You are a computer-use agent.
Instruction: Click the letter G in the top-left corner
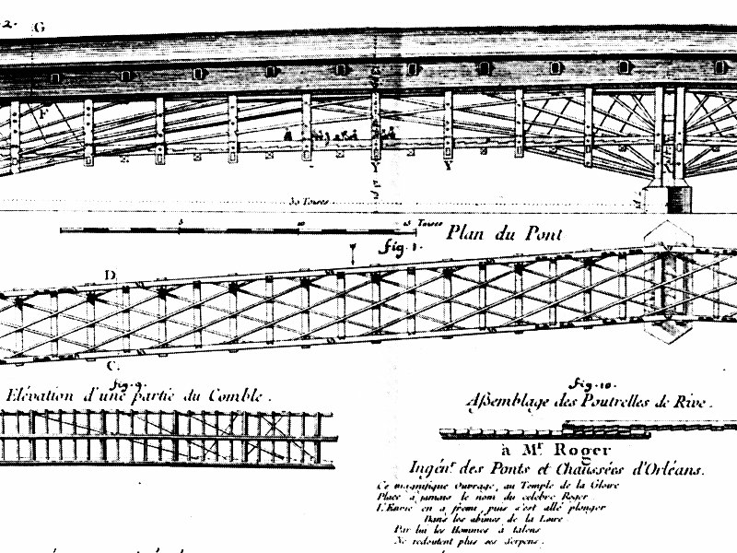(x=39, y=27)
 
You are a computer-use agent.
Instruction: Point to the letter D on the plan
(x=110, y=275)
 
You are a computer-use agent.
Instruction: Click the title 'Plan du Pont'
(x=504, y=233)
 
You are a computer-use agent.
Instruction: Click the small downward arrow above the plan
(x=353, y=251)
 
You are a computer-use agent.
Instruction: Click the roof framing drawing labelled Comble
(x=166, y=437)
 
